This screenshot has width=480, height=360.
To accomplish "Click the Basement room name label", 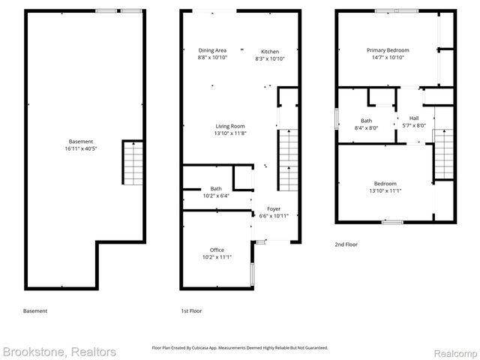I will point(81,141).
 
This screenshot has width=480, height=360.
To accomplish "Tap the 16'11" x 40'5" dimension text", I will point(81,148).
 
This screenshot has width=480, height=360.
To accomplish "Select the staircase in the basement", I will point(131,163).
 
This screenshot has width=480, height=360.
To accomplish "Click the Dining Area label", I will point(212,49).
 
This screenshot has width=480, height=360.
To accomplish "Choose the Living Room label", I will point(230,126).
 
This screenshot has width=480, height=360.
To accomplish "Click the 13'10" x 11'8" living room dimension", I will point(230,133).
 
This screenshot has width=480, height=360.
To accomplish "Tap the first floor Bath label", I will point(216,188).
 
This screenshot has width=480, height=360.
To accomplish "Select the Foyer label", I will point(273,208).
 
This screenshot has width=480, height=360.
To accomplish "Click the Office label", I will point(217,250).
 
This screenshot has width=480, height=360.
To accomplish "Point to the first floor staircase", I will point(289,161).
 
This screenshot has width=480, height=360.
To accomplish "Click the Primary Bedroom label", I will point(388,50).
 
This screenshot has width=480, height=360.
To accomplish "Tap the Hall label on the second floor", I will point(414,118).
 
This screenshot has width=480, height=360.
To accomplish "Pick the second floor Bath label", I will point(366,120).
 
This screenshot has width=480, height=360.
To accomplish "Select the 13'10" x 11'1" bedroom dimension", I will point(385,190).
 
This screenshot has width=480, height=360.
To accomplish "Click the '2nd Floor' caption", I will point(347,244).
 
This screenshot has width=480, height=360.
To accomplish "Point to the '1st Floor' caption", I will point(191,310).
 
